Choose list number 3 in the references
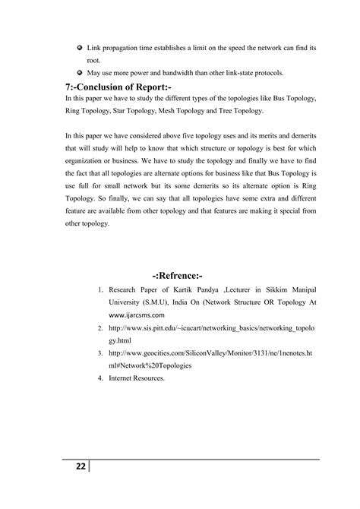tap(101, 353)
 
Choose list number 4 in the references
tap(101, 378)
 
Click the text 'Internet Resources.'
tap(137, 378)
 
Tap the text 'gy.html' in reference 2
tap(122, 340)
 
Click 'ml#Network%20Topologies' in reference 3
tap(150, 365)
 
